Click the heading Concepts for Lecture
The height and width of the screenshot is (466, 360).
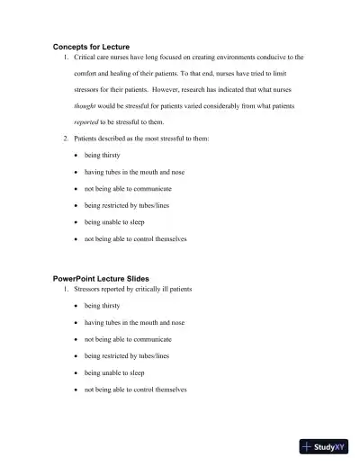click(91, 46)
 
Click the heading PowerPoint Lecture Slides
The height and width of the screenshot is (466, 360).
click(101, 278)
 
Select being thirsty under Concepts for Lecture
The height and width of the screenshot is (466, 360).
click(102, 156)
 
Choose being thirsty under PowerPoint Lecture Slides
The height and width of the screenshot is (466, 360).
click(102, 306)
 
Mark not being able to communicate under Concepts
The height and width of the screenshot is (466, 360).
click(128, 189)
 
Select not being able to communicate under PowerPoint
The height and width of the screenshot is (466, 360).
click(128, 339)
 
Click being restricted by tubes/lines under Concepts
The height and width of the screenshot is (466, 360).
click(127, 205)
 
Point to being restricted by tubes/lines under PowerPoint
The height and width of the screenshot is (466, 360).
click(127, 356)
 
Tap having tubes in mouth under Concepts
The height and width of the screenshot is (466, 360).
click(134, 172)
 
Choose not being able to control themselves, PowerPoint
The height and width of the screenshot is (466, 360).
click(136, 390)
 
